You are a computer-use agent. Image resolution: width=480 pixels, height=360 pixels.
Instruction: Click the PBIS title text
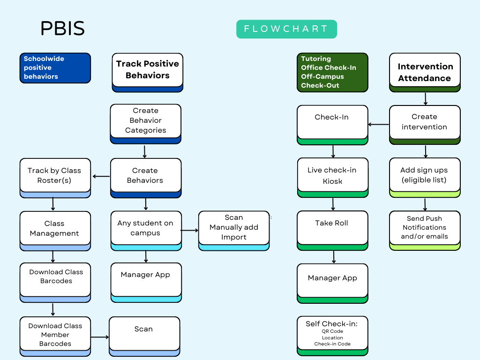[x=62, y=29]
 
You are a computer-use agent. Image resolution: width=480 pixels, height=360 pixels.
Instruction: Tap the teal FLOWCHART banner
[x=286, y=29]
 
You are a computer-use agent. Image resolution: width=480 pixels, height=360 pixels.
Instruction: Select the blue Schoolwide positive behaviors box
[x=55, y=68]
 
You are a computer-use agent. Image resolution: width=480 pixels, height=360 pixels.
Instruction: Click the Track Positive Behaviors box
[x=147, y=70]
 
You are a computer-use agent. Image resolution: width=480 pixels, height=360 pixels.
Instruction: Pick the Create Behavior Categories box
[x=145, y=121]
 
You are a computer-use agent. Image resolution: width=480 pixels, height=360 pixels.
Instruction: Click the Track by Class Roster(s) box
[x=55, y=176]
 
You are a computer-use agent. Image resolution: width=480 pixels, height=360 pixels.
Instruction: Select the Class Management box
[x=55, y=228]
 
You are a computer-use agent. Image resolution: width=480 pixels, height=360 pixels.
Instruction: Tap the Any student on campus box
[x=145, y=228]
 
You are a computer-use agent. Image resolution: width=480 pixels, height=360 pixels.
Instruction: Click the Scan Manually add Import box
[x=233, y=228]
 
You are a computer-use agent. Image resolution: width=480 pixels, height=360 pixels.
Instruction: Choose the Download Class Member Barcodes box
[x=55, y=335]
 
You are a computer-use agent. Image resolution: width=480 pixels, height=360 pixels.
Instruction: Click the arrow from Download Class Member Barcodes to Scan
[x=100, y=337]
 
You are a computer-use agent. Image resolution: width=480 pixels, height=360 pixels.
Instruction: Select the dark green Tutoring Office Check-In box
[x=332, y=72]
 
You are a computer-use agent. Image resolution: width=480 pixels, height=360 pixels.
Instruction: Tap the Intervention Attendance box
[x=425, y=72]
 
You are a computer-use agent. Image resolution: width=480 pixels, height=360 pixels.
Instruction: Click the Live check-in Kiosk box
[x=332, y=176]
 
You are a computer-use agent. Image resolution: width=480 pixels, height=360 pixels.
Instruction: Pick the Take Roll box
[x=332, y=228]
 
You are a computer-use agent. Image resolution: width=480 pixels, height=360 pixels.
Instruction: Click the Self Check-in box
[x=332, y=334]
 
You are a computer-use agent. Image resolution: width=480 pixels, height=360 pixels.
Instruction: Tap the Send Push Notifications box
[x=425, y=228]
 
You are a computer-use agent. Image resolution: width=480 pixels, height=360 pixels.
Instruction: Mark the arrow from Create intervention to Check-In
[x=379, y=125]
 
